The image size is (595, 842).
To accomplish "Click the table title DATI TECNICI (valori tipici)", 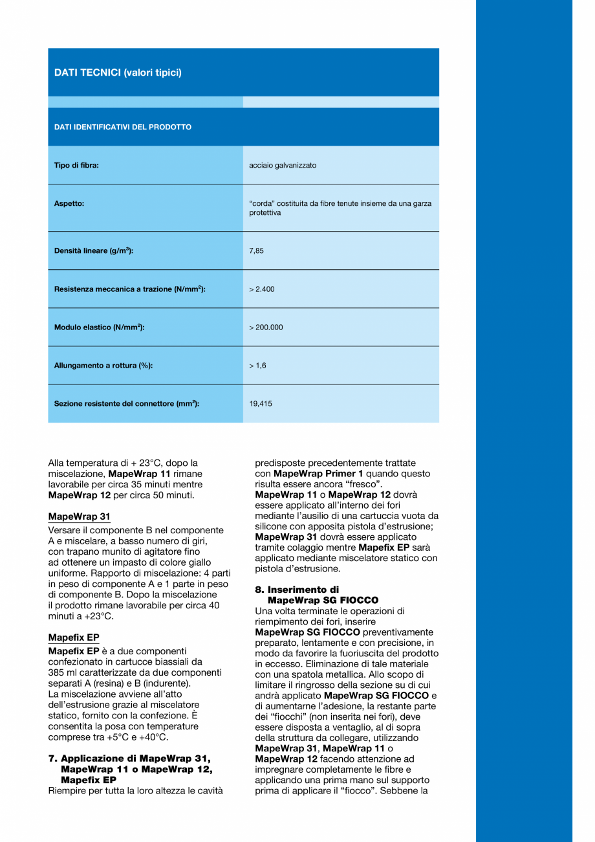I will [x=118, y=72].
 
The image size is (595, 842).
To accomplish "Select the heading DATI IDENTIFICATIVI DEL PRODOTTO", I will [x=123, y=127].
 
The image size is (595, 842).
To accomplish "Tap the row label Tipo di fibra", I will [x=76, y=165].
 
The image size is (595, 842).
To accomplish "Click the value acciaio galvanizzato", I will [x=283, y=165].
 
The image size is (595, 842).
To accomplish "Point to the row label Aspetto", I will [x=69, y=203].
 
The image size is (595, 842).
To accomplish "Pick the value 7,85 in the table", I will [x=256, y=250].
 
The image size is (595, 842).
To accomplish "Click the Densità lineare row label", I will [x=94, y=250].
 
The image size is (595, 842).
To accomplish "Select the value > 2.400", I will [x=262, y=289].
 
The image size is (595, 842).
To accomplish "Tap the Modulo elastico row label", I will [x=99, y=327].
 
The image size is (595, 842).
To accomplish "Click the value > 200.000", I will [x=266, y=327].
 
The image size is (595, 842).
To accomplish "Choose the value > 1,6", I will [x=257, y=366].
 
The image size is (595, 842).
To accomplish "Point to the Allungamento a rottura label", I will [x=103, y=366].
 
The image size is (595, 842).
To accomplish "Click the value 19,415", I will [x=261, y=404].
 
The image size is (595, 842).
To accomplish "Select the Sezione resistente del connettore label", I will [x=127, y=404].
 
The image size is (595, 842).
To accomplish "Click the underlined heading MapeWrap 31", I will [x=79, y=516].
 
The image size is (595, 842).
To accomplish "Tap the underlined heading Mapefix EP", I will [x=74, y=637].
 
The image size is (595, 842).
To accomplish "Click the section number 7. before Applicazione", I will [x=52, y=759].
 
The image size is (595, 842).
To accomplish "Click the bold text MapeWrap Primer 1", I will [x=318, y=474].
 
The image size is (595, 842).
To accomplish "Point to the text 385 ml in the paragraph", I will [x=61, y=672].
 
